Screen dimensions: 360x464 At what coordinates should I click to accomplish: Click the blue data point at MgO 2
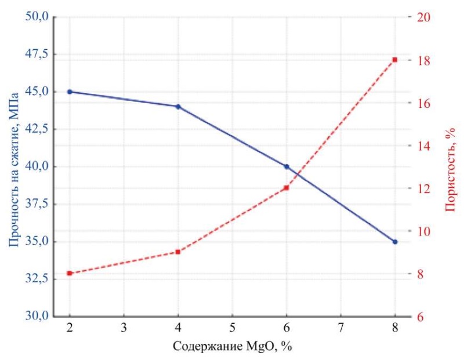(70, 92)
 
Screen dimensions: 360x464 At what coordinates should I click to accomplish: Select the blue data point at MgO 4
(178, 107)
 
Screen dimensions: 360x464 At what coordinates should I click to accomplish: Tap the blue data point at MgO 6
(287, 167)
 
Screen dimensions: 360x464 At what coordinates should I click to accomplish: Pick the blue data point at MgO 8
(395, 242)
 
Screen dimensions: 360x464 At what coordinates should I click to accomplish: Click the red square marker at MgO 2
(70, 273)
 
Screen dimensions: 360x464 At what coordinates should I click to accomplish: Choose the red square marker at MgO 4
(178, 252)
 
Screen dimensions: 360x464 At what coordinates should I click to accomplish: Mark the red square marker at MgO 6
(287, 188)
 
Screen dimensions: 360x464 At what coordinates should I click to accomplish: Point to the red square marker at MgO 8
(395, 60)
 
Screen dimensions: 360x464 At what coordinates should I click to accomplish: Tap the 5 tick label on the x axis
(232, 327)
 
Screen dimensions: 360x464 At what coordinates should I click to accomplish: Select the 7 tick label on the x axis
(340, 327)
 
